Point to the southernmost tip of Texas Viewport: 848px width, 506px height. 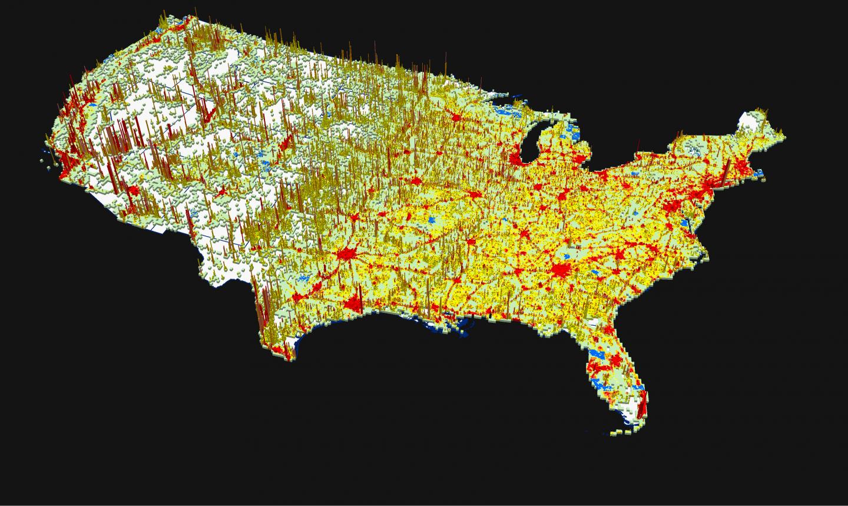pos(289,356)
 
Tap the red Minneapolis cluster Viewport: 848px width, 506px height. pos(455,118)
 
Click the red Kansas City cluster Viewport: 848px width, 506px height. pos(415,180)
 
